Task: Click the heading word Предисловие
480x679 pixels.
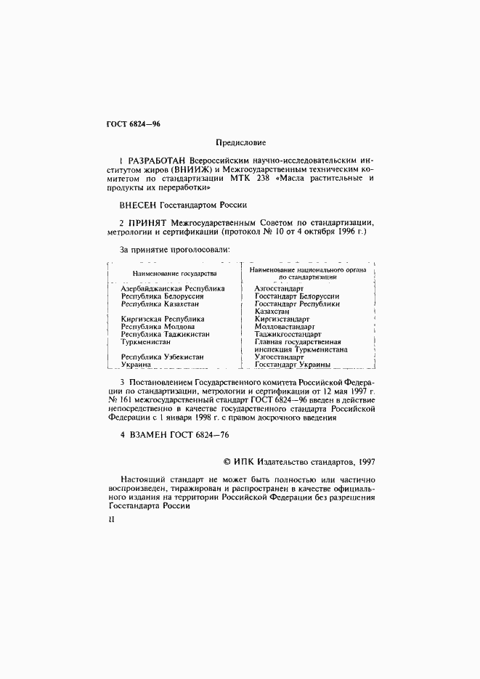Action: tap(241, 142)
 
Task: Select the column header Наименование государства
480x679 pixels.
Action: tap(174, 273)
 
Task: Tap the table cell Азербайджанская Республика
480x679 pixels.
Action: tap(173, 288)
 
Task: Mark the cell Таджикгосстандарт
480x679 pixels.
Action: tap(289, 334)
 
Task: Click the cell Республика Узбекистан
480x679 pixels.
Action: tap(162, 357)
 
